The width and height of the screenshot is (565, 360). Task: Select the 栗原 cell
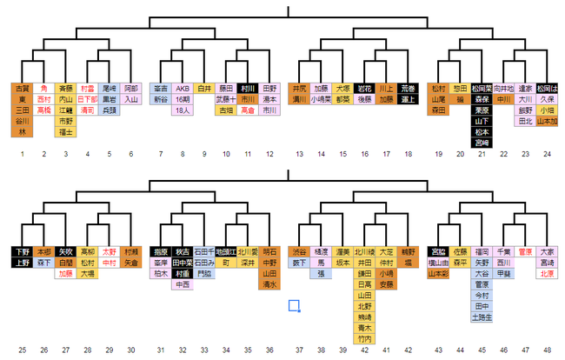(481, 111)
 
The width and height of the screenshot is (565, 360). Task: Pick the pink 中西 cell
(183, 284)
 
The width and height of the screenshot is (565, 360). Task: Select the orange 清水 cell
(269, 284)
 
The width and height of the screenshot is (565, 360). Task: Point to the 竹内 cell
(364, 340)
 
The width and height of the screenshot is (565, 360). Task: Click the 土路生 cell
(481, 317)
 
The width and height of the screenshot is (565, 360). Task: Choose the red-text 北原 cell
(546, 273)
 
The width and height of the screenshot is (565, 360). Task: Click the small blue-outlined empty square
(294, 305)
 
